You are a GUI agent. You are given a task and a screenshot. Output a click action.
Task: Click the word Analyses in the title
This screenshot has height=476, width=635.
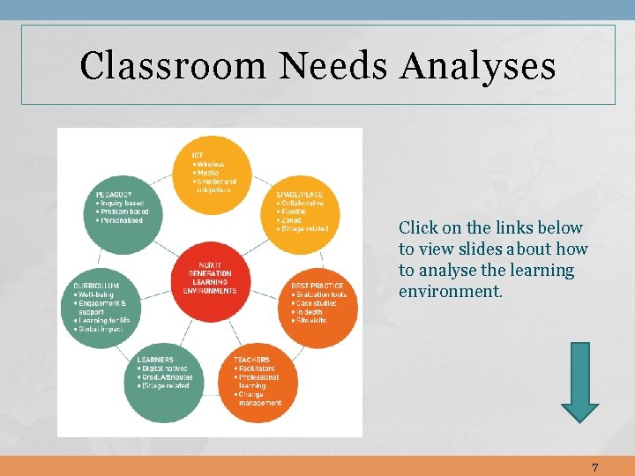click(x=478, y=66)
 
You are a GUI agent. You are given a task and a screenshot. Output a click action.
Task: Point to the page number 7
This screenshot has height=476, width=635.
click(x=595, y=467)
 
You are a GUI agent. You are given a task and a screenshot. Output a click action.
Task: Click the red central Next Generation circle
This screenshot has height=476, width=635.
click(x=210, y=279)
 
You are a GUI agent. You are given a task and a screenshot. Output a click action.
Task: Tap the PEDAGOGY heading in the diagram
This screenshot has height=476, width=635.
click(x=115, y=194)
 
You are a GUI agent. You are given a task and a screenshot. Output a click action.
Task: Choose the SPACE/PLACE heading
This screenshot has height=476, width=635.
click(x=300, y=194)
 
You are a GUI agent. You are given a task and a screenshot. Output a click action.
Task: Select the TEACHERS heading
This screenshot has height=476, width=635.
click(x=252, y=360)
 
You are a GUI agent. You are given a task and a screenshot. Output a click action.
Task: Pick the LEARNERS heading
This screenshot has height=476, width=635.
click(x=155, y=360)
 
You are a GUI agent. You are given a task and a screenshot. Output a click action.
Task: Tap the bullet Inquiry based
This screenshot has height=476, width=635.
click(x=122, y=203)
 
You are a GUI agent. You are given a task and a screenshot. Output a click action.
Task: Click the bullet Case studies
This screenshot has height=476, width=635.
click(x=319, y=303)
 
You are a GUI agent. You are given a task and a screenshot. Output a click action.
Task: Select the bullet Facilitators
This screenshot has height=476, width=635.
click(x=257, y=368)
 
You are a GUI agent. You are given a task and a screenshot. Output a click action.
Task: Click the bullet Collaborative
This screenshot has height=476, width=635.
click(x=303, y=203)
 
